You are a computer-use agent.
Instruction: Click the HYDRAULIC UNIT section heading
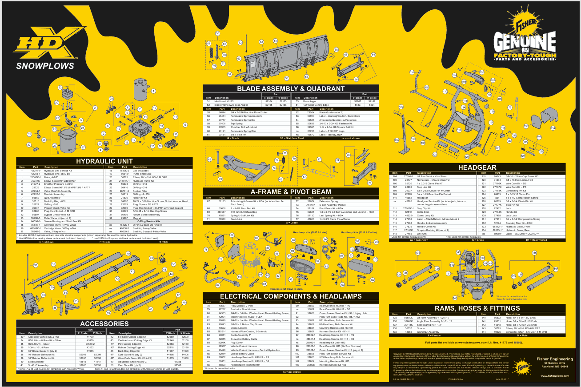(x=104, y=161)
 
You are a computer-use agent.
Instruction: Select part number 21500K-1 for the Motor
(x=36, y=177)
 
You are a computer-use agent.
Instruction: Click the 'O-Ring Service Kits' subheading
(x=149, y=221)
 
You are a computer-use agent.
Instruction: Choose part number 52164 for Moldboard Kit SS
(x=268, y=101)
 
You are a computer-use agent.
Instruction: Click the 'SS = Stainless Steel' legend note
(x=292, y=138)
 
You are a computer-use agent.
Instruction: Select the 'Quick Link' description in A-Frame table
(x=236, y=219)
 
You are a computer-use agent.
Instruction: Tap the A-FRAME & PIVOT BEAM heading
(x=291, y=192)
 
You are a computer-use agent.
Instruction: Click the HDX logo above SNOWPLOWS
(x=44, y=47)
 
